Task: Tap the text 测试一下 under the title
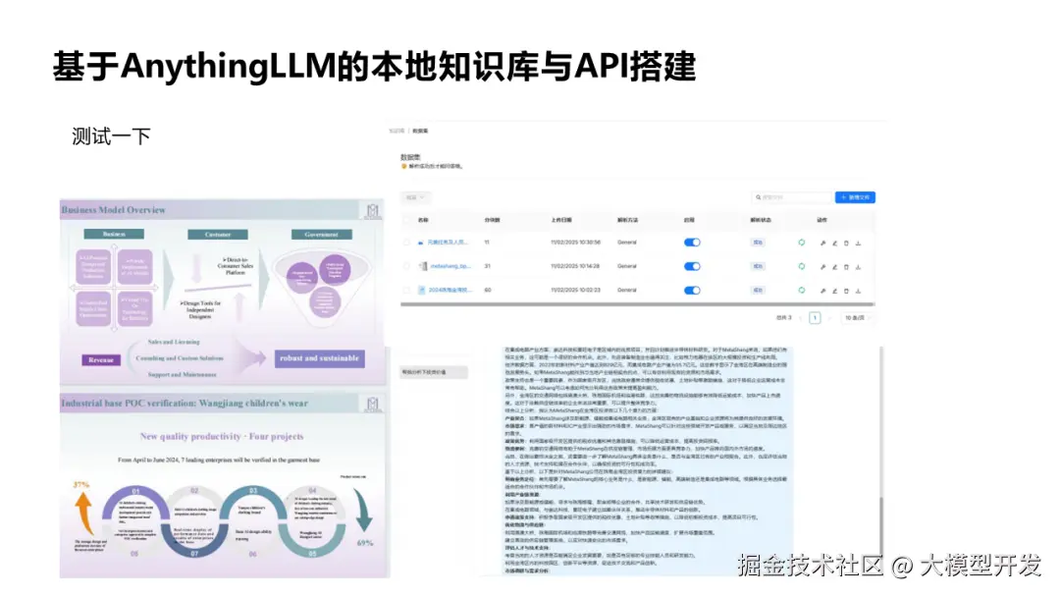(x=111, y=136)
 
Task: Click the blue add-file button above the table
(x=854, y=197)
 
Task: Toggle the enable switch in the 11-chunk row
(x=692, y=242)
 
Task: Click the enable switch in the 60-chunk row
(x=692, y=290)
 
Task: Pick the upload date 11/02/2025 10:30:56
(x=575, y=242)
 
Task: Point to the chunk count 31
(x=487, y=266)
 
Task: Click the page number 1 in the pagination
(x=815, y=318)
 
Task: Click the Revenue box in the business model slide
(x=102, y=360)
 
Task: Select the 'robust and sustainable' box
(x=319, y=358)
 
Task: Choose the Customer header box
(x=218, y=235)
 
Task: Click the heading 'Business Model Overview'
(x=114, y=210)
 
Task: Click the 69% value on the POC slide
(x=364, y=543)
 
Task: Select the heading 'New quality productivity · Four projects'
(x=223, y=436)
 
